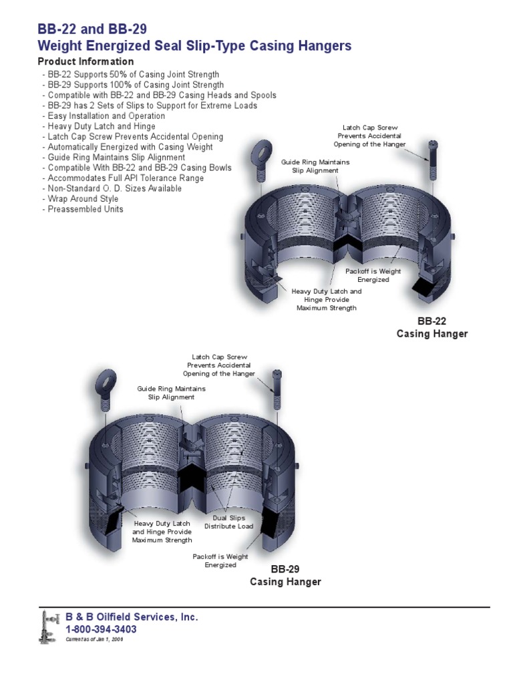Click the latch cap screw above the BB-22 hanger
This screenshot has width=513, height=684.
pyautogui.click(x=432, y=160)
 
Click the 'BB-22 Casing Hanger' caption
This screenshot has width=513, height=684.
pyautogui.click(x=432, y=328)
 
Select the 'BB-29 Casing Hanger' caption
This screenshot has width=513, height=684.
pyautogui.click(x=286, y=576)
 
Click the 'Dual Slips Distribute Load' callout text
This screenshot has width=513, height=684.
pyautogui.click(x=229, y=522)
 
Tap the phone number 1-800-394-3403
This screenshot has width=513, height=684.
pyautogui.click(x=101, y=629)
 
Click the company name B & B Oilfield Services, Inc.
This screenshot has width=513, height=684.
pyautogui.click(x=132, y=617)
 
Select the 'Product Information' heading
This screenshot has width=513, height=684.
pyautogui.click(x=85, y=61)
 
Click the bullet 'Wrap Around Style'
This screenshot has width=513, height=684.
pyautogui.click(x=83, y=198)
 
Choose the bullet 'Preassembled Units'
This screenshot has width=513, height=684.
pyautogui.click(x=85, y=209)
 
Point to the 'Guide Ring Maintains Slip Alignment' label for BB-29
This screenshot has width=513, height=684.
pyautogui.click(x=171, y=392)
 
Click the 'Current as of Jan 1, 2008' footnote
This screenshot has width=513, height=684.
pyautogui.click(x=94, y=639)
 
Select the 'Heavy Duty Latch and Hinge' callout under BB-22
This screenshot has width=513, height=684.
pyautogui.click(x=327, y=300)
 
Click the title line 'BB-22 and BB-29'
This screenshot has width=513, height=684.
pyautogui.click(x=92, y=29)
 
